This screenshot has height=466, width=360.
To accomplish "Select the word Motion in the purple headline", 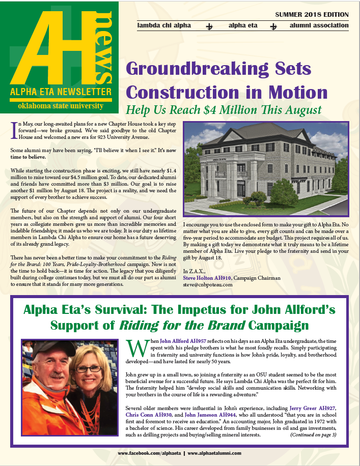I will (298, 92).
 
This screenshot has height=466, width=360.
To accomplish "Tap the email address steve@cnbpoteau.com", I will (208, 285).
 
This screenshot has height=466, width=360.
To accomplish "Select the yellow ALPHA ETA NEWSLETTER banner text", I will (60, 92).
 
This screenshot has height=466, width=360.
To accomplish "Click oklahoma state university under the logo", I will (60, 106).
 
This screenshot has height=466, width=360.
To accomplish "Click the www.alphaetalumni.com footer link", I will (214, 453).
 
